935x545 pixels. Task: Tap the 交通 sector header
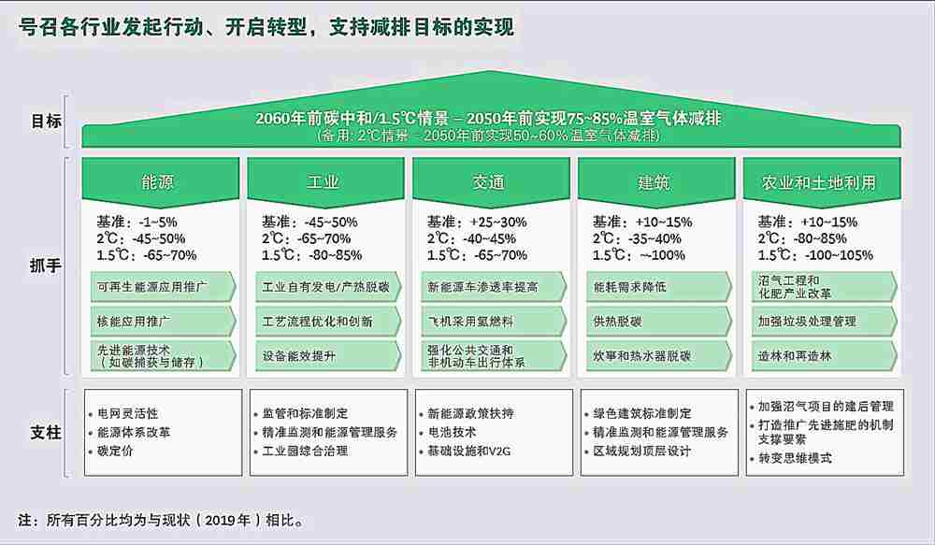click(x=490, y=181)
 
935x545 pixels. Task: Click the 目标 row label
click(x=46, y=121)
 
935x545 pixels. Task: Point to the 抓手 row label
click(x=46, y=265)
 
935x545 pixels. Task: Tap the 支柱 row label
click(x=46, y=432)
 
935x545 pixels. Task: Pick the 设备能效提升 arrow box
click(x=328, y=356)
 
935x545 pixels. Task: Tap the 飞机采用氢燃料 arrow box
click(x=494, y=322)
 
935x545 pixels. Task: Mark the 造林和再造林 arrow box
click(x=824, y=356)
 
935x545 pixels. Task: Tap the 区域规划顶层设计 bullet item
click(x=638, y=452)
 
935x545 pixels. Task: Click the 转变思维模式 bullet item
click(x=791, y=459)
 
